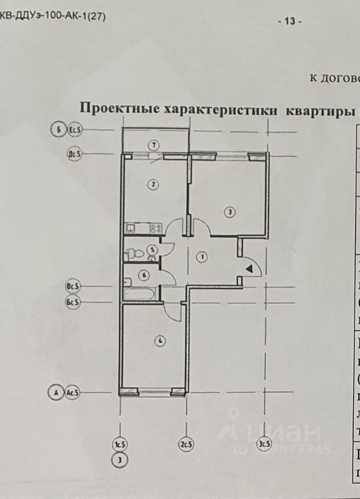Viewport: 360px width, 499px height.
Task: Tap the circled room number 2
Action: point(152,183)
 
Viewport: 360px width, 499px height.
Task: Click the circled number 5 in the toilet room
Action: point(152,250)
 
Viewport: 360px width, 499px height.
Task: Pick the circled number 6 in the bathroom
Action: point(144,275)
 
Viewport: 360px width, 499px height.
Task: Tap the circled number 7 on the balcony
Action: point(153,144)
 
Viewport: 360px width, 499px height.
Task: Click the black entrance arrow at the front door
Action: point(250,269)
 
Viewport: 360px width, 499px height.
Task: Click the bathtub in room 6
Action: point(140,294)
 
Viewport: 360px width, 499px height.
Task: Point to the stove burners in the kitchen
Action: point(156,227)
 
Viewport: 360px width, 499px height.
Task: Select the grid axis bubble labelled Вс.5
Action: point(73,286)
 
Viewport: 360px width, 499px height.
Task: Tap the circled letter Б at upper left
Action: point(57,129)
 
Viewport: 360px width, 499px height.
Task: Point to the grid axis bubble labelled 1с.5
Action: point(120,444)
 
